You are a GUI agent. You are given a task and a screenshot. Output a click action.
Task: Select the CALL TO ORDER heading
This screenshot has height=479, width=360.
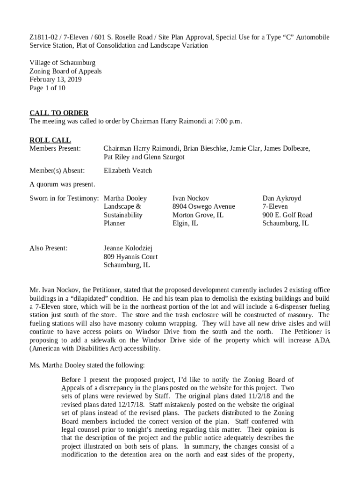[59, 113]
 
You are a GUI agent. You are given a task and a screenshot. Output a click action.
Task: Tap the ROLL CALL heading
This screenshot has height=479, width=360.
[50, 140]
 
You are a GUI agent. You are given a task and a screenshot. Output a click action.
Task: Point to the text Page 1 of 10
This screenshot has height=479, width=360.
[47, 88]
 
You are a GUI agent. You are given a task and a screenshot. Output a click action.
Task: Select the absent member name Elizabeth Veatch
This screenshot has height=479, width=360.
[128, 171]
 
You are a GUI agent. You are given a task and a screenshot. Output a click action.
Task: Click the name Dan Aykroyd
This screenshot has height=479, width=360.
[281, 198]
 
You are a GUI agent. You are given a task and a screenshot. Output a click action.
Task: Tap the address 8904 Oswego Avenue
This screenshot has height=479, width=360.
[203, 207]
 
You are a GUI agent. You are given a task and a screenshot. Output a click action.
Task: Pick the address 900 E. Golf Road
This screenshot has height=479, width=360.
[287, 215]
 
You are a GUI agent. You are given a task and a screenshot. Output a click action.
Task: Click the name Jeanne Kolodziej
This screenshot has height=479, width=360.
[128, 248]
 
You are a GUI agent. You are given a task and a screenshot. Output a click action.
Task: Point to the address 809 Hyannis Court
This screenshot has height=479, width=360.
[130, 257]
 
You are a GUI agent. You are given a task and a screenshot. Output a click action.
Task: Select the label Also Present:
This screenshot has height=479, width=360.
[49, 248]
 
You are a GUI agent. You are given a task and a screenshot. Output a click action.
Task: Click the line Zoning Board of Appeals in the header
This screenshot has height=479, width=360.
[65, 71]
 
